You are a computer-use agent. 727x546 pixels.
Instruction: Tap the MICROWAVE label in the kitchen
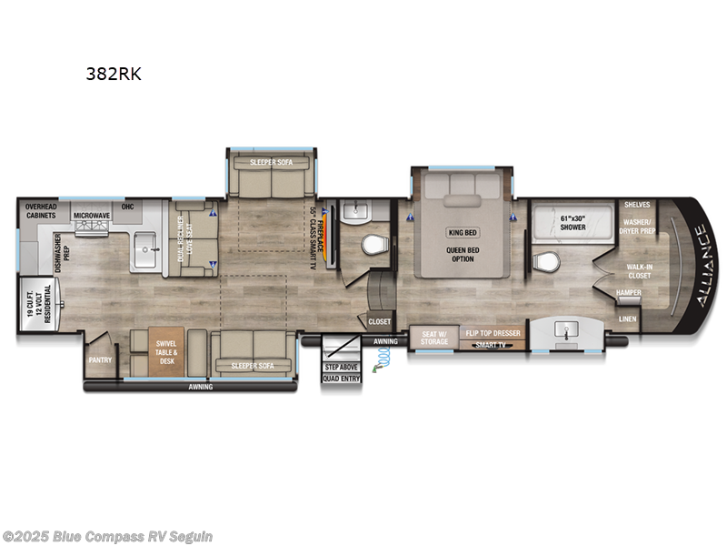pyautogui.click(x=91, y=216)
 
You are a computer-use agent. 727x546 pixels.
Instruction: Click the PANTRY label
pyautogui.click(x=100, y=359)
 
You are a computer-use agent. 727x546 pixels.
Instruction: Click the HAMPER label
pyautogui.click(x=629, y=293)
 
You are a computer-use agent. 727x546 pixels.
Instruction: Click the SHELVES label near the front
pyautogui.click(x=636, y=205)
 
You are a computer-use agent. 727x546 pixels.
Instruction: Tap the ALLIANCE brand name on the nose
pyautogui.click(x=701, y=264)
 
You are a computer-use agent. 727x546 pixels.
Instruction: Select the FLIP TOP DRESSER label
pyautogui.click(x=492, y=334)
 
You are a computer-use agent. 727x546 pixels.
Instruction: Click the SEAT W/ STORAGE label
pyautogui.click(x=433, y=338)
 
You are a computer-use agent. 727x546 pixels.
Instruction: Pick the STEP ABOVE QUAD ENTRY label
pyautogui.click(x=342, y=371)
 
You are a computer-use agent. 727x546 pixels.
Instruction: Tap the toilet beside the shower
pyautogui.click(x=546, y=263)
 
